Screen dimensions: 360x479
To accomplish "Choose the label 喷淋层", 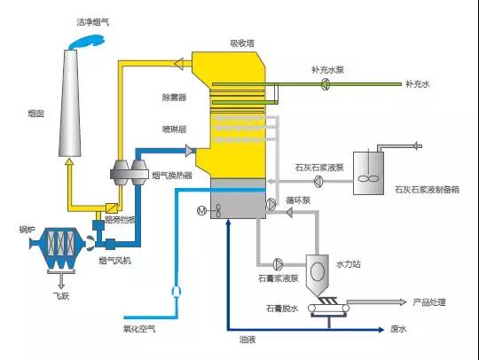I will coord(174,129).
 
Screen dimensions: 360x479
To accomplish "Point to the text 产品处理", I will coord(430,301).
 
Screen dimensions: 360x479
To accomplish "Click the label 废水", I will coord(397,329).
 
